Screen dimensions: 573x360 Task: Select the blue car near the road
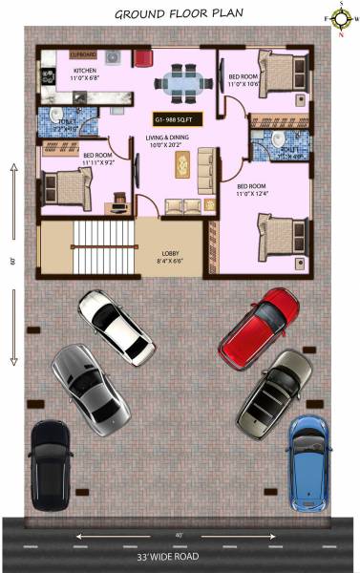(307, 462)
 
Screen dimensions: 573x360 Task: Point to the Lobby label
(169, 255)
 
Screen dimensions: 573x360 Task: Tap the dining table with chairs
(179, 81)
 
